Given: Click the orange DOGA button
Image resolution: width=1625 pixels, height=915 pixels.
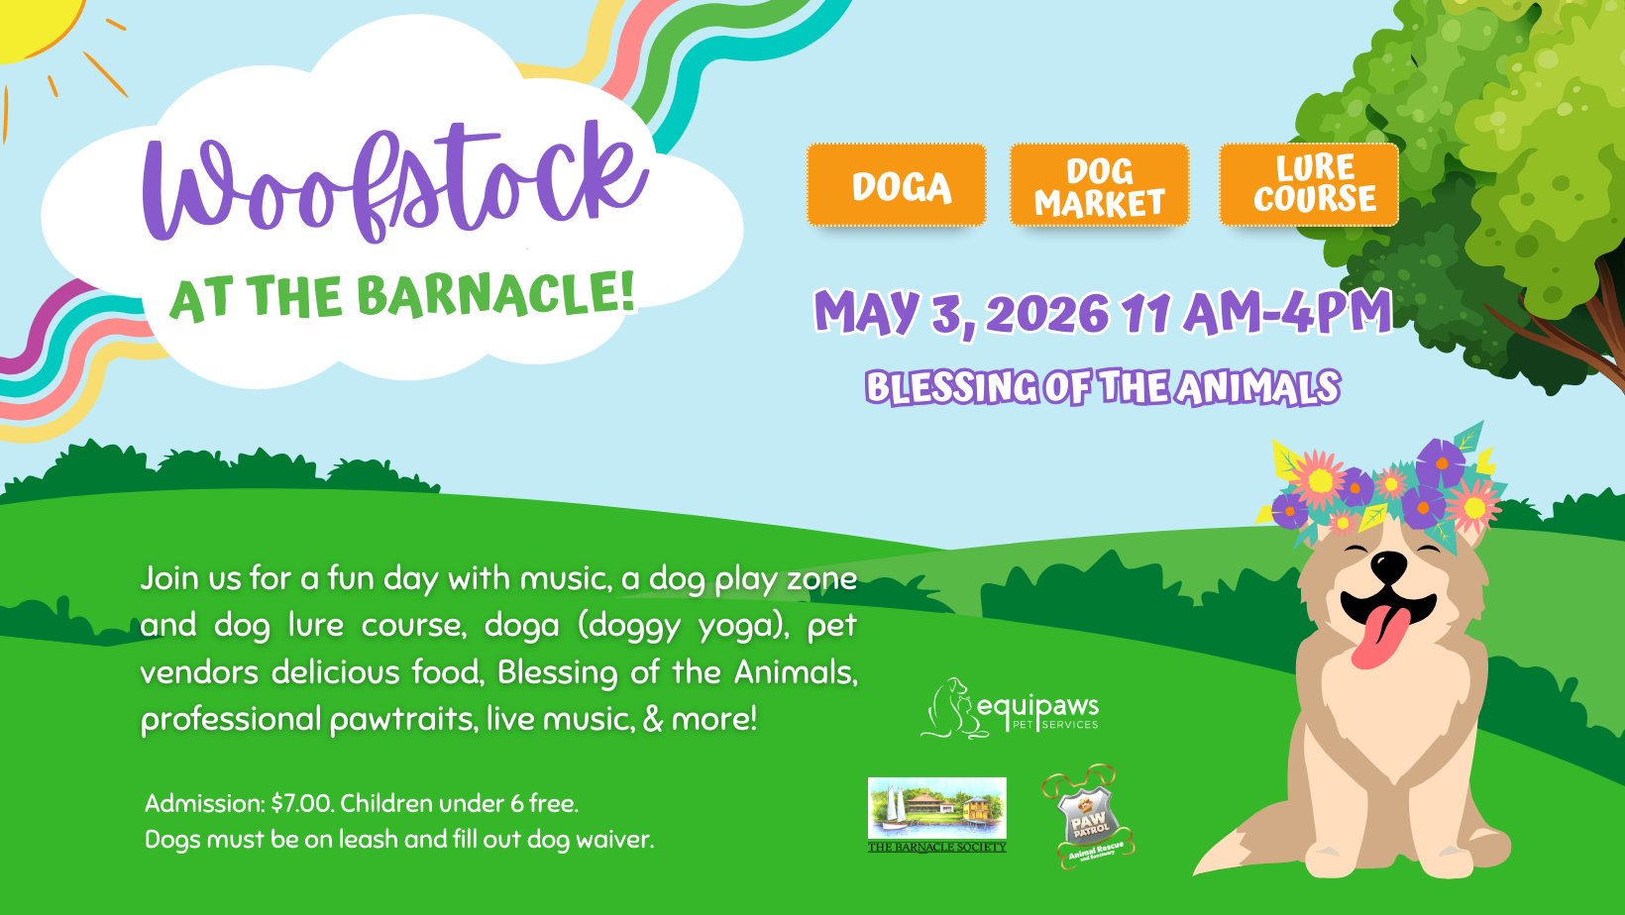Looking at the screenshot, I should (897, 185).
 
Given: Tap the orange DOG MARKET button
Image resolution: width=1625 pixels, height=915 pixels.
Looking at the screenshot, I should (1099, 185).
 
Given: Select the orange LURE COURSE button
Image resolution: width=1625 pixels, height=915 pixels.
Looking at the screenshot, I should (1309, 184).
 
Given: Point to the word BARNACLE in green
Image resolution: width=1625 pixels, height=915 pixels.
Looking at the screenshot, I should (494, 294).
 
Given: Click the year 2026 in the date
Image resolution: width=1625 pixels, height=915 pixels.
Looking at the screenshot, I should (1047, 315).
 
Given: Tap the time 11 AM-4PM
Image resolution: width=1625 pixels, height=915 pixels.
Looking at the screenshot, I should (1256, 313).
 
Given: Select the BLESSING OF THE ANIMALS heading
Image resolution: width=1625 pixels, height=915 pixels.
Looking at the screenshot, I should (1102, 387).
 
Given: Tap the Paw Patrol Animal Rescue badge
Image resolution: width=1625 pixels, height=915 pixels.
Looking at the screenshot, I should (1088, 817).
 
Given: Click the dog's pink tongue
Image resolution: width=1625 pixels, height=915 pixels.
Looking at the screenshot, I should (1378, 637).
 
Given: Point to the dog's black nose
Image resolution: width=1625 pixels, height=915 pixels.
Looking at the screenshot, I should (1388, 566).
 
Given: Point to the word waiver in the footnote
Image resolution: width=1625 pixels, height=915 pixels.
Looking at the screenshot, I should (614, 840).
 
